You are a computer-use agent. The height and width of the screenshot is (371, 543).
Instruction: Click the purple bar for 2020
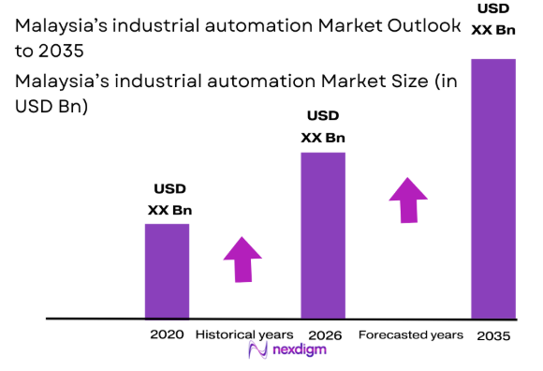click(167, 271)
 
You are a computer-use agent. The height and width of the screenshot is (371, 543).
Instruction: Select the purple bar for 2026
click(323, 235)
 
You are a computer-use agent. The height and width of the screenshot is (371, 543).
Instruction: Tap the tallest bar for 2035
click(492, 188)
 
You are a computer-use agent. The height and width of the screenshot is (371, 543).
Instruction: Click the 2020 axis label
click(165, 335)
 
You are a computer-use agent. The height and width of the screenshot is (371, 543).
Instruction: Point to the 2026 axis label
click(324, 335)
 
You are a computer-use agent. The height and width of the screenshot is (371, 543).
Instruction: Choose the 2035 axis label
click(493, 335)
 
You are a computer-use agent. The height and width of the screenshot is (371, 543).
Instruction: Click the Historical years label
click(243, 334)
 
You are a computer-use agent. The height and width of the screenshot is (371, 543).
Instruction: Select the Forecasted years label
click(410, 334)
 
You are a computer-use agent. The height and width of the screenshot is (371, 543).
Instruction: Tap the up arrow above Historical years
click(243, 259)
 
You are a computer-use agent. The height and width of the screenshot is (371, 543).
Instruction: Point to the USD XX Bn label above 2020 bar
click(169, 199)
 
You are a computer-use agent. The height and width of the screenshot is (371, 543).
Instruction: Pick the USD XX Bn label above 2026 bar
click(323, 126)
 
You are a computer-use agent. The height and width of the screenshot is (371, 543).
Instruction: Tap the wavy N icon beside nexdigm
click(258, 351)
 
